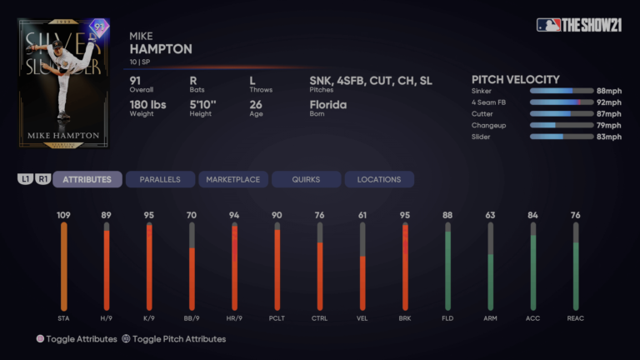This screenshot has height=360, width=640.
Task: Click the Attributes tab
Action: pyautogui.click(x=87, y=179)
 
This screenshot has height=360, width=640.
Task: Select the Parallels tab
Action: pyautogui.click(x=160, y=179)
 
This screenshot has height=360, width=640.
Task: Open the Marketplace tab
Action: pyautogui.click(x=232, y=179)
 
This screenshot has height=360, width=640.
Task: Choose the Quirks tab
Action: pyautogui.click(x=306, y=179)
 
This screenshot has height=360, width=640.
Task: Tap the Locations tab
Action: pyautogui.click(x=378, y=179)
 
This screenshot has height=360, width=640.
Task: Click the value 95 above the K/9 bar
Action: pyautogui.click(x=149, y=216)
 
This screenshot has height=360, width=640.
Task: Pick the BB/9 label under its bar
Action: pyautogui.click(x=192, y=318)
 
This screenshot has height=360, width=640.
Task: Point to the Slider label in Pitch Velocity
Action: pyautogui.click(x=482, y=137)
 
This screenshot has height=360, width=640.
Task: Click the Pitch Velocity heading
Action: pyautogui.click(x=515, y=79)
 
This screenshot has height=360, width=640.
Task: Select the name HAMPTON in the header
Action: pyautogui.click(x=161, y=49)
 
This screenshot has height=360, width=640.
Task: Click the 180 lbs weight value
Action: pyautogui.click(x=148, y=105)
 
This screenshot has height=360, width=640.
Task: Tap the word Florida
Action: pyautogui.click(x=327, y=105)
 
